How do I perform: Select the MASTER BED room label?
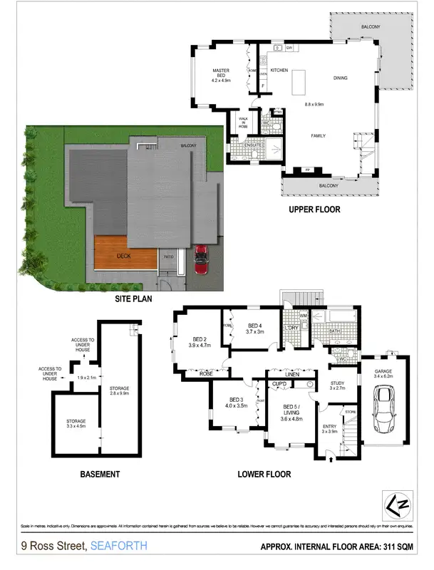coord(223,73)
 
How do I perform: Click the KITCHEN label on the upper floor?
coord(278,70)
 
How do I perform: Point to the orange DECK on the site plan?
coord(125,255)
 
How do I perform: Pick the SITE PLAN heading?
coord(134,299)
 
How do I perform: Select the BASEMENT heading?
coord(100,474)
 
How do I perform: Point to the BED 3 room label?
coord(237,402)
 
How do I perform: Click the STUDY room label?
coord(337,385)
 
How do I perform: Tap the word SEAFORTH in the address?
coord(118,546)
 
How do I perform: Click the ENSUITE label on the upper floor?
coord(255,145)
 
